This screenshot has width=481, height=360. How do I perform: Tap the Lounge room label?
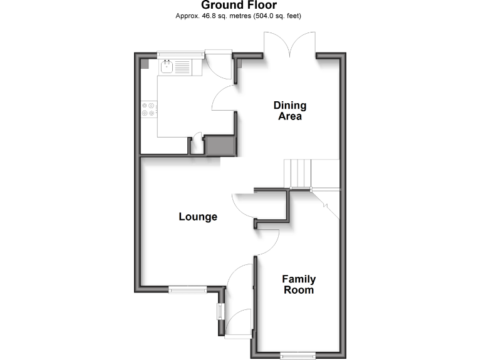point(198,217)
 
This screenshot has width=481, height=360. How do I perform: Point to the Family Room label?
point(299,284)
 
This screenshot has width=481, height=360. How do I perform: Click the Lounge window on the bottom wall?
point(187,289)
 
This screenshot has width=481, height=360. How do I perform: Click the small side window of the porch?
point(220,311)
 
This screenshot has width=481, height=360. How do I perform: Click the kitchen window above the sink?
point(180,55)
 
